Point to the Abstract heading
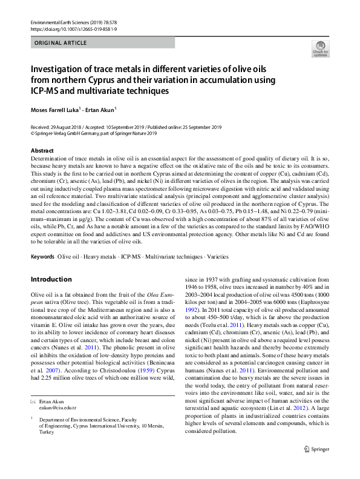click(x=42, y=150)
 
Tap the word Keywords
click(x=42, y=257)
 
